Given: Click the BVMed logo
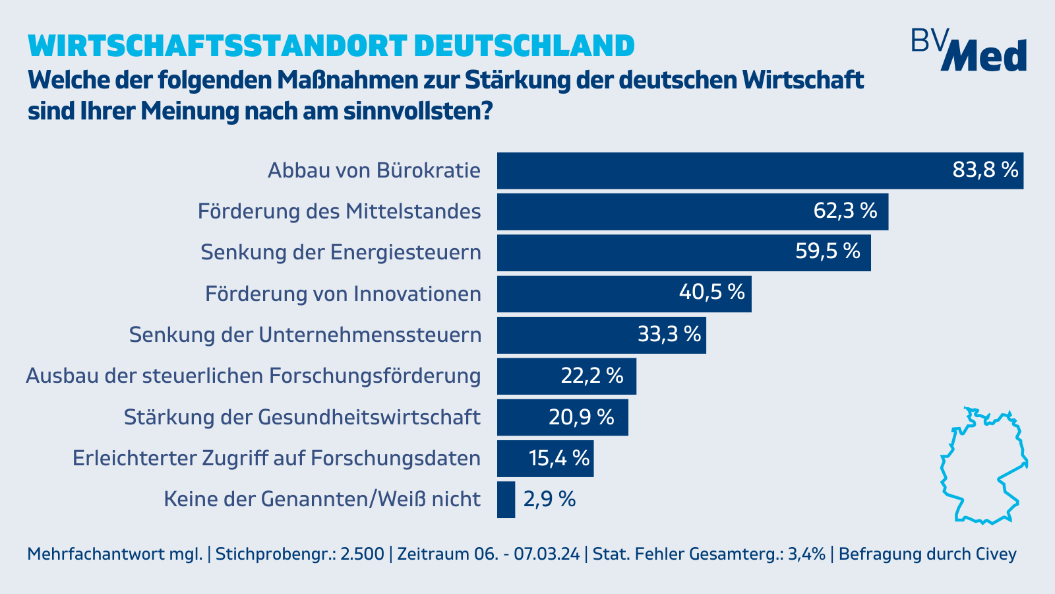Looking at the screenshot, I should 969,50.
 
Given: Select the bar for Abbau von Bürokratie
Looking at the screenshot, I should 725,171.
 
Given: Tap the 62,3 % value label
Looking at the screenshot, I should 845,211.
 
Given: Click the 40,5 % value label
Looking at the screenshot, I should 711,292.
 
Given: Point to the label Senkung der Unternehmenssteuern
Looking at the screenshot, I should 305,335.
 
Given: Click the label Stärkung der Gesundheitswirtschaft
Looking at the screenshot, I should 302,417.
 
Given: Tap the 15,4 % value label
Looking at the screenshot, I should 559,458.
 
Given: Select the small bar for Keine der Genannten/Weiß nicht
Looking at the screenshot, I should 506,500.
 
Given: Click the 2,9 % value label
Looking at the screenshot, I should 549,500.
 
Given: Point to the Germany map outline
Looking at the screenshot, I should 983,466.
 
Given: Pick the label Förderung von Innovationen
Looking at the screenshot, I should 343,294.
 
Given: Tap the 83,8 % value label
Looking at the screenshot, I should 986,170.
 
